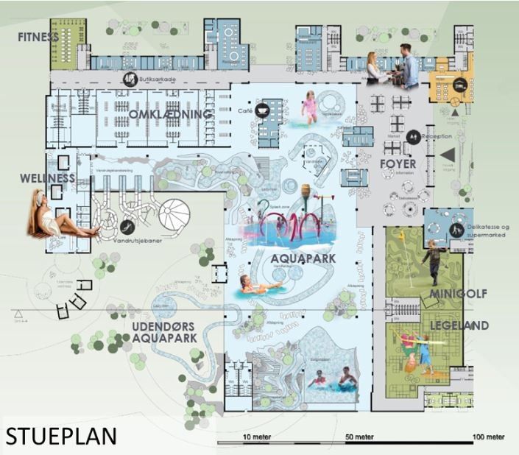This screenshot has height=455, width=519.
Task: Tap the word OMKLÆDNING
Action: [170, 115]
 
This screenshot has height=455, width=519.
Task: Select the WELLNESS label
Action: [48, 178]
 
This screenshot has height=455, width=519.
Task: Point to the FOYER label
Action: [399, 163]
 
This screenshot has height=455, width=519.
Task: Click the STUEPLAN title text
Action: [61, 435]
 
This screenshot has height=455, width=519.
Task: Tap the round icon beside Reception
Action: [415, 135]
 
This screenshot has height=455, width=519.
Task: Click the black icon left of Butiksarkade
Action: [130, 80]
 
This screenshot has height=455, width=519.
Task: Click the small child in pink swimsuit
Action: [311, 107]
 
